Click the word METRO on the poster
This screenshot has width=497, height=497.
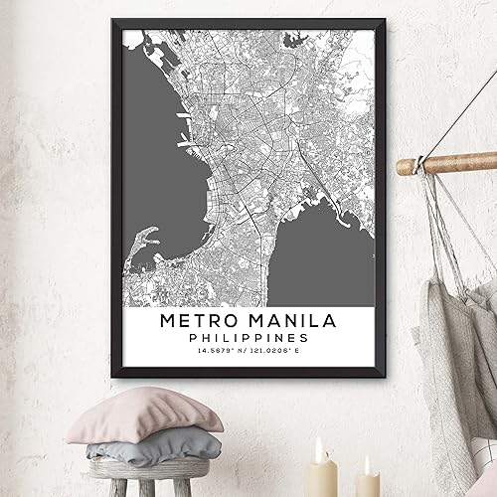tap(202, 321)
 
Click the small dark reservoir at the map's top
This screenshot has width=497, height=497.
tap(294, 42)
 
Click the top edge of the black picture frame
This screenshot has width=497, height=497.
tap(248, 21)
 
